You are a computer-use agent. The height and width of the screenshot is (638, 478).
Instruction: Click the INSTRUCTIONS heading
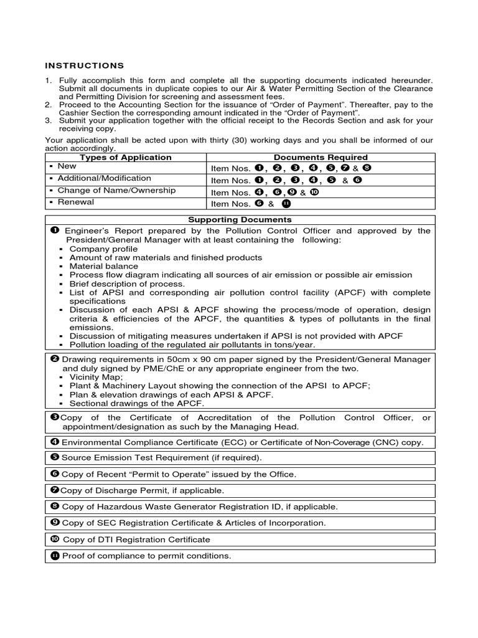click(84, 65)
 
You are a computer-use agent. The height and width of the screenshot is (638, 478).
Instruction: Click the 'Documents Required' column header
click(320, 158)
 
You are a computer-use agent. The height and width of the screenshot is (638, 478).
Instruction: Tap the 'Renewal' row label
click(75, 202)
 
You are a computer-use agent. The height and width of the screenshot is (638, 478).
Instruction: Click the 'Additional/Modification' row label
click(103, 178)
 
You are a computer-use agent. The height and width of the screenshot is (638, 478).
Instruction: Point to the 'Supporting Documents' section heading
click(240, 220)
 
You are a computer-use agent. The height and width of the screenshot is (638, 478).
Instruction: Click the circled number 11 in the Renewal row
click(286, 204)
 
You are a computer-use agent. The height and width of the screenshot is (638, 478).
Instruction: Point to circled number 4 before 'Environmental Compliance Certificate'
click(53, 442)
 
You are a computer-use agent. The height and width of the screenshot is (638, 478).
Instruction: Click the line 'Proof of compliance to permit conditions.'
click(146, 555)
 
